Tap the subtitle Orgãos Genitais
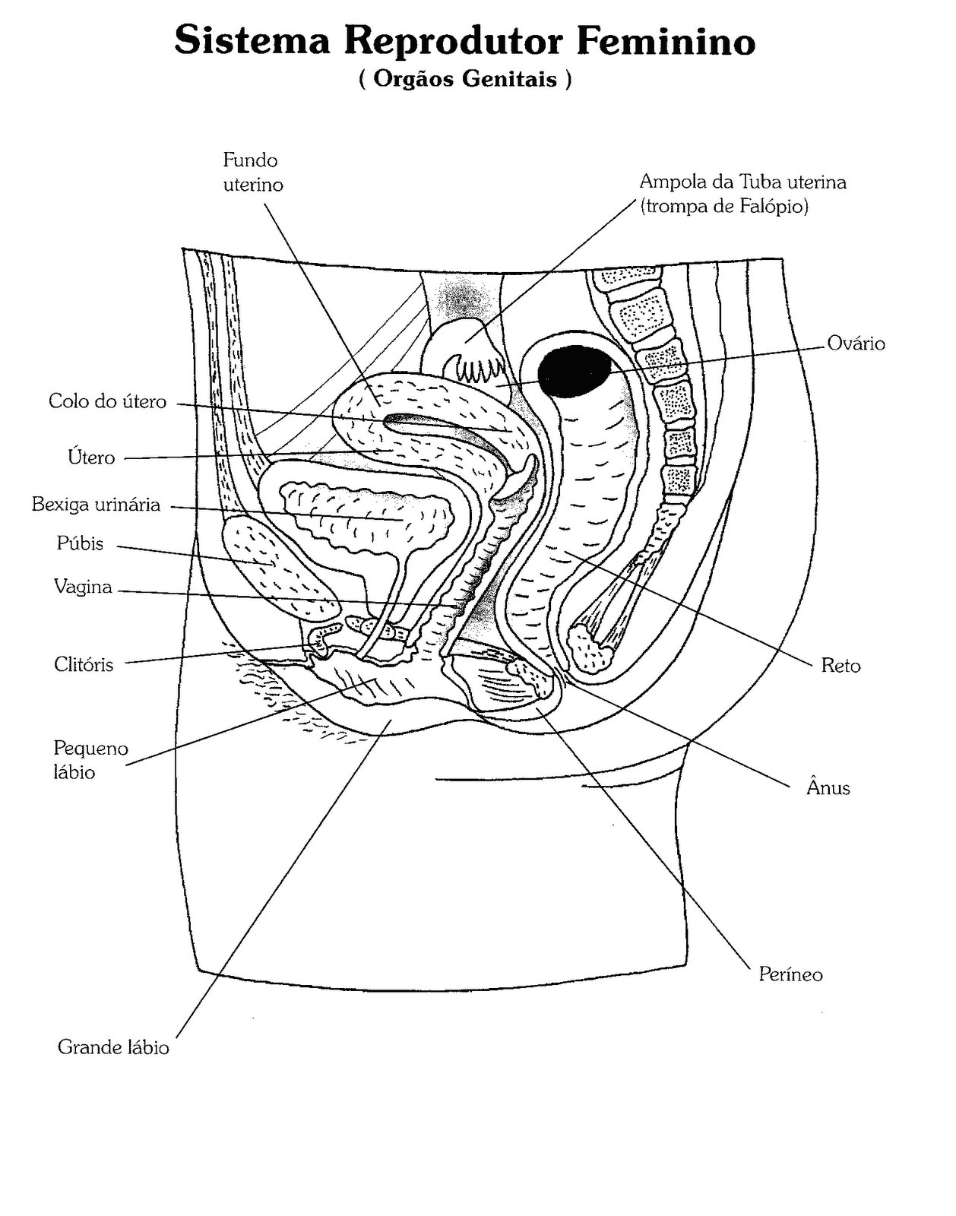465,79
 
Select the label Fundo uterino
252,173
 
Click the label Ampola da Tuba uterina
743,182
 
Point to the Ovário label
856,344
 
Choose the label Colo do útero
107,401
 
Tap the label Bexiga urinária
96,504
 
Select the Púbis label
80,543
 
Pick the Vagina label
83,587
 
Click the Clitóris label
84,664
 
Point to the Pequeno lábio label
90,760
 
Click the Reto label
840,666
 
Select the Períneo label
790,974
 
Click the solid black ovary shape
574,371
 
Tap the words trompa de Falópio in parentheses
724,206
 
